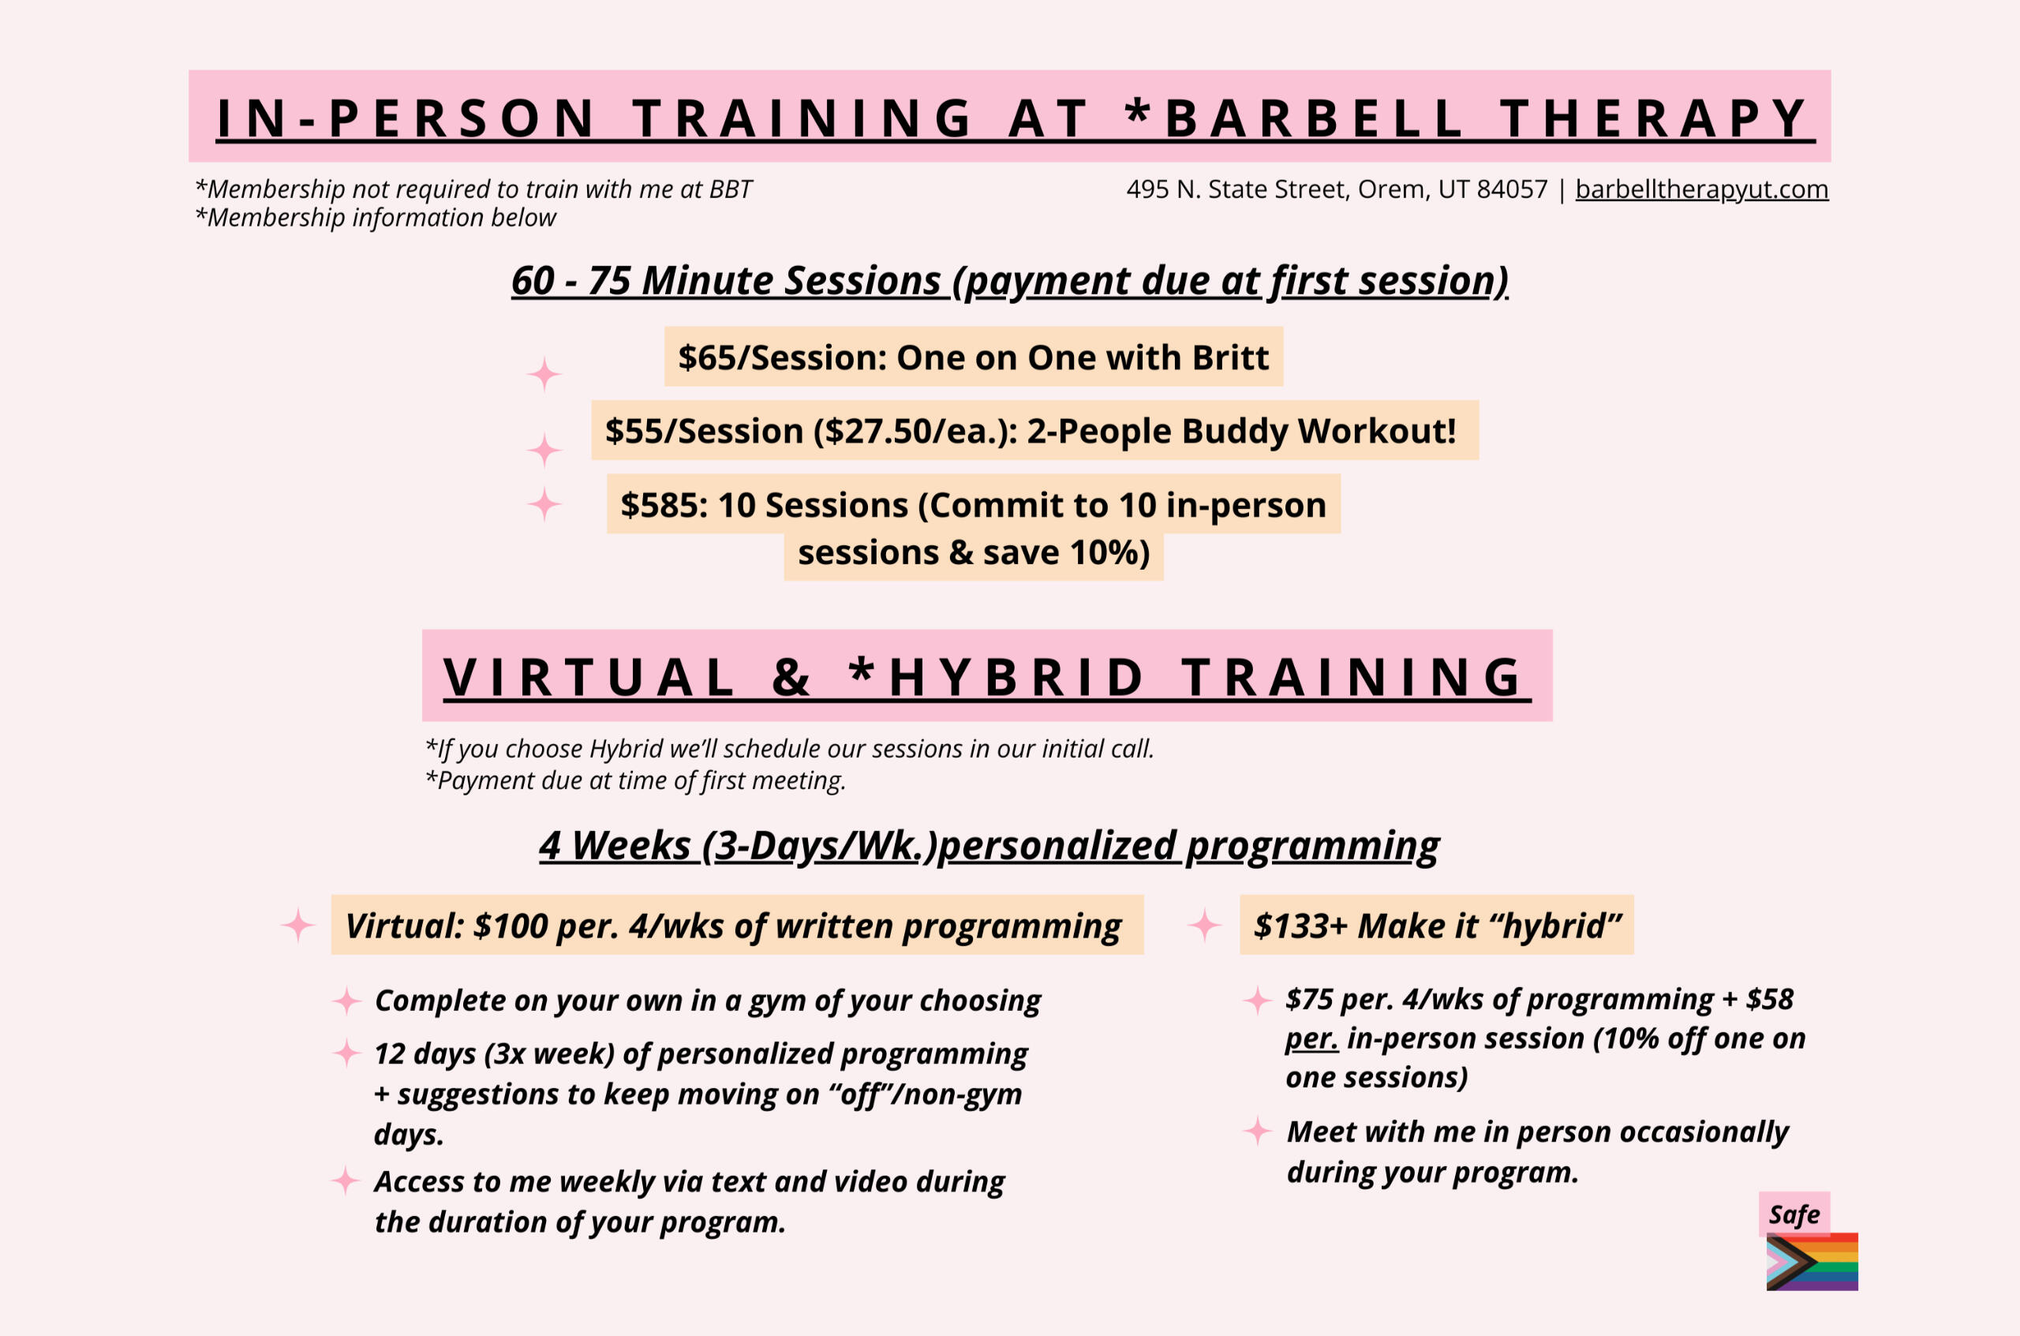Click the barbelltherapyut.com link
pos(1701,189)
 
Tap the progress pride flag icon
pos(1812,1262)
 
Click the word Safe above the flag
pos(1794,1215)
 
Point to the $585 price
pos(664,505)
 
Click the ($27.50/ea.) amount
pos(915,431)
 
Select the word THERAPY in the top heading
pos(1653,118)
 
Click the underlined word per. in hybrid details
pos(1311,1039)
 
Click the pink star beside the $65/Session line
pos(544,374)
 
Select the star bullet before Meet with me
pos(1258,1132)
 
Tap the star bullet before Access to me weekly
pos(345,1181)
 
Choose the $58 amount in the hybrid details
pos(1770,998)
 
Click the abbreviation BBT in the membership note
pos(730,189)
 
